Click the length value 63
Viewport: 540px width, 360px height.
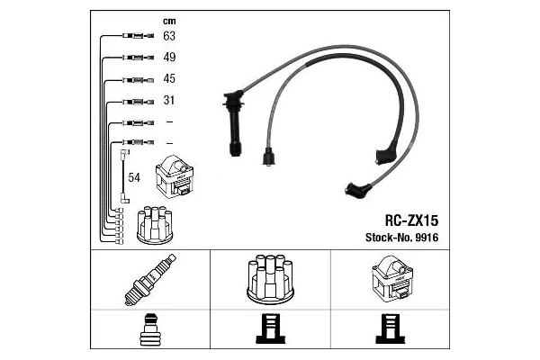pos(169,36)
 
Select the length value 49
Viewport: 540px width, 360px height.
pos(169,58)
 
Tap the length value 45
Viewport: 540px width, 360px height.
pos(169,78)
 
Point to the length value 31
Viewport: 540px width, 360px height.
pos(169,100)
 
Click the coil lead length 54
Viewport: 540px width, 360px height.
pos(134,177)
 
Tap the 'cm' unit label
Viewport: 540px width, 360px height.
pos(169,21)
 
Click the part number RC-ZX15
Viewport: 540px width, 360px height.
pos(411,220)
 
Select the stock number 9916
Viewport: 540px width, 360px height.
pos(427,238)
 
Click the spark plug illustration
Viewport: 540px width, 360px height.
pos(150,280)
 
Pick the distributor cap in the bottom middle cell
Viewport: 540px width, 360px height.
pos(270,279)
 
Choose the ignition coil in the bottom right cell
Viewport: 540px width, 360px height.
pos(392,278)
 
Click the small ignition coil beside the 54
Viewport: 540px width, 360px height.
pos(175,176)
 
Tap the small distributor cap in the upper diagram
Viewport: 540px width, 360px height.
pos(155,225)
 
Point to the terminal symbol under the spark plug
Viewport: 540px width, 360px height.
pos(149,329)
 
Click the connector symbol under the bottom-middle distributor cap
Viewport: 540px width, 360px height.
pos(271,328)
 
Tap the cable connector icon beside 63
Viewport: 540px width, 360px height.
pos(138,35)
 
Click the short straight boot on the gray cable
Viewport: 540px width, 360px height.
pos(267,157)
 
